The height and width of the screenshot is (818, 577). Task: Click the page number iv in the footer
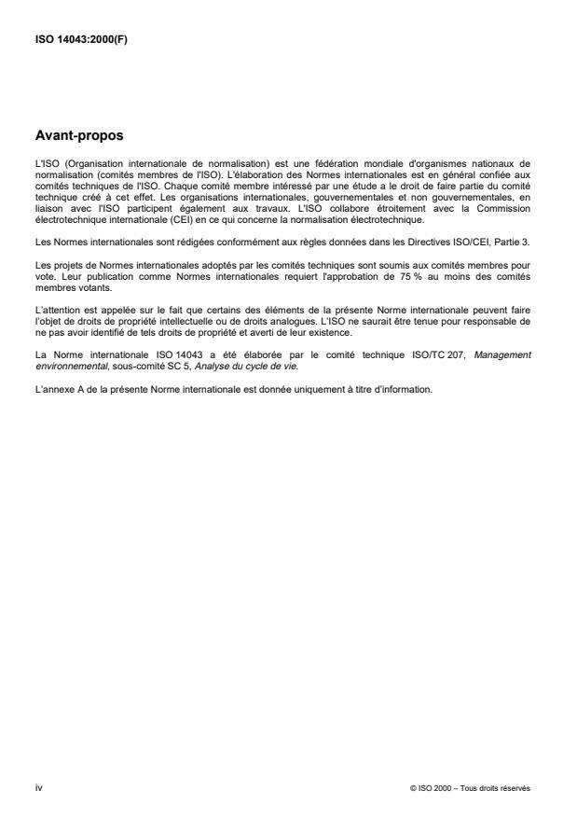(x=38, y=788)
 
